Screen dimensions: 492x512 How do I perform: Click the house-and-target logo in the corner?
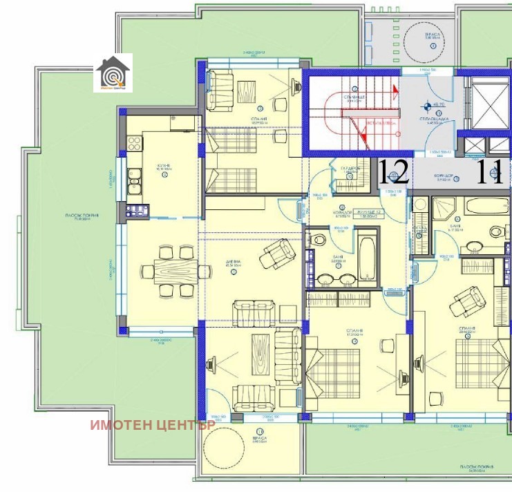click(112, 72)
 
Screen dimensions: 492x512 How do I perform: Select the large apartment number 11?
click(493, 171)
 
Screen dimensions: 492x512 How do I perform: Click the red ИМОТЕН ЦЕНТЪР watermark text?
click(153, 424)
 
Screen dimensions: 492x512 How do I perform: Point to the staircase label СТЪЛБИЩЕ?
click(354, 98)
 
